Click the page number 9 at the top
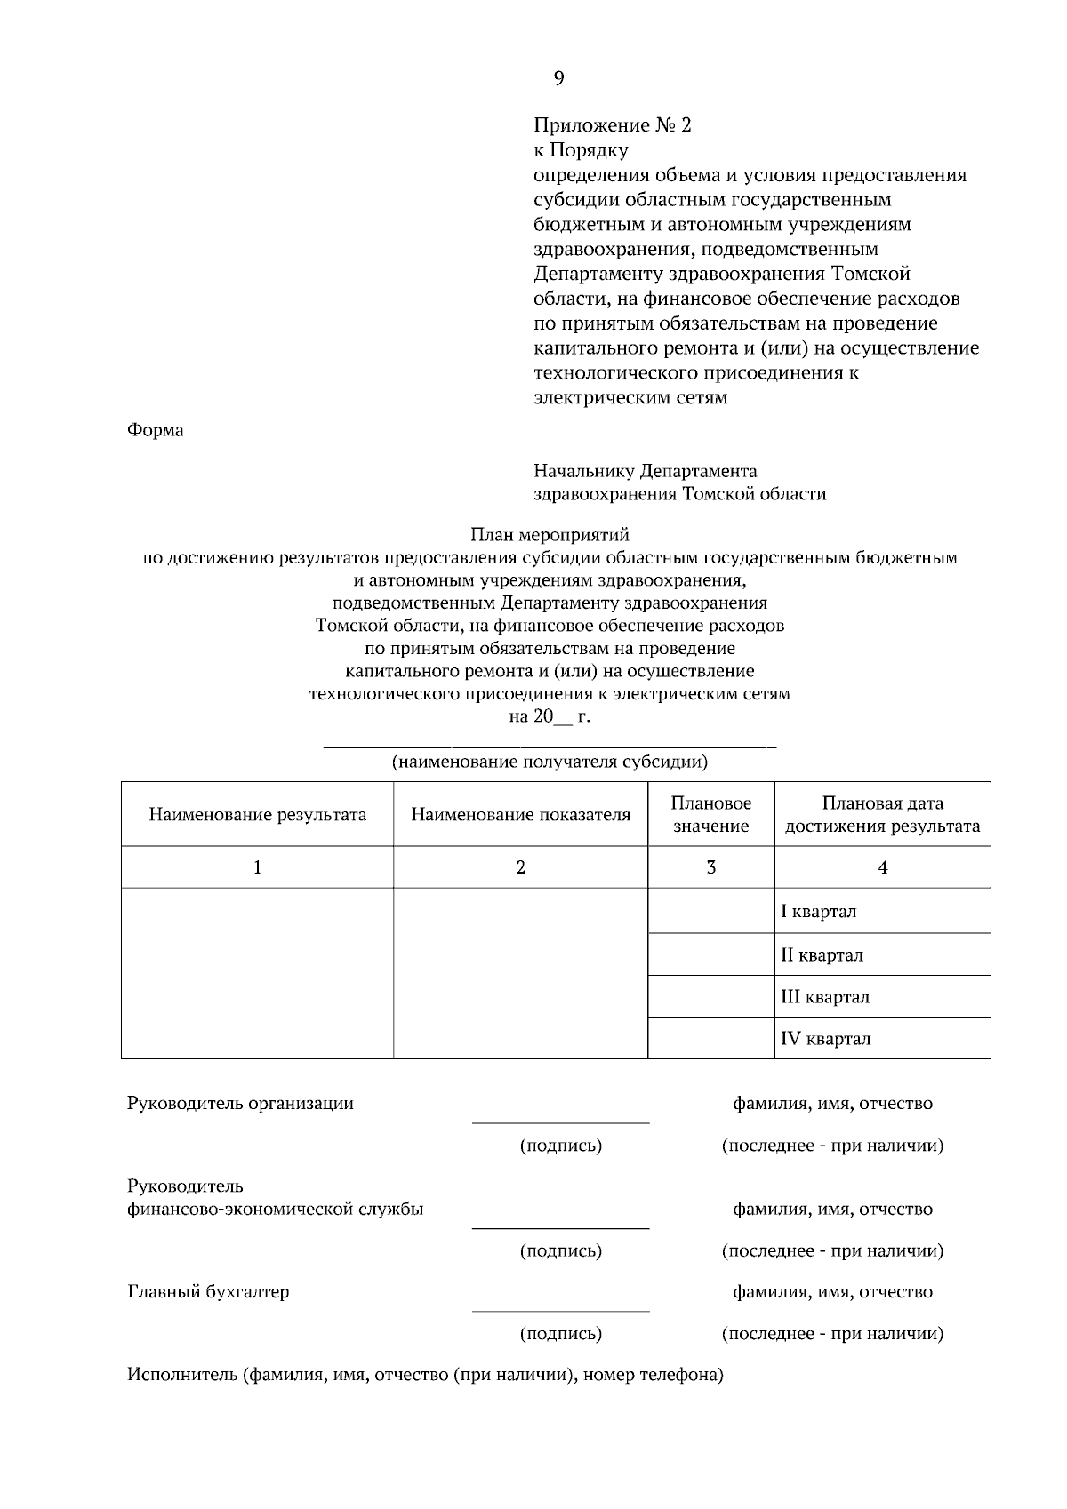pos(558,79)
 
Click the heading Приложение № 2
pos(612,125)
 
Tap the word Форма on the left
pos(156,430)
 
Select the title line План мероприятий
pos(549,535)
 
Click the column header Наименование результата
pos(257,814)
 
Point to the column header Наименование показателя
pos(520,814)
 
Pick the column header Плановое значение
pos(710,814)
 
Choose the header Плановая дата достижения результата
pos(882,814)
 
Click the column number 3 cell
pos(710,867)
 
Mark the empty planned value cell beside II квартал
pos(710,954)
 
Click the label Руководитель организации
pos(240,1103)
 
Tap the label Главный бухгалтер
pos(208,1291)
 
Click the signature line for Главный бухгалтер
pos(560,1310)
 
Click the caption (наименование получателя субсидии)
pos(550,762)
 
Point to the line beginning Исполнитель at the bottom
pos(425,1375)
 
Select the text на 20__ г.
pos(549,716)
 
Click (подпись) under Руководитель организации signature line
pos(560,1146)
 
